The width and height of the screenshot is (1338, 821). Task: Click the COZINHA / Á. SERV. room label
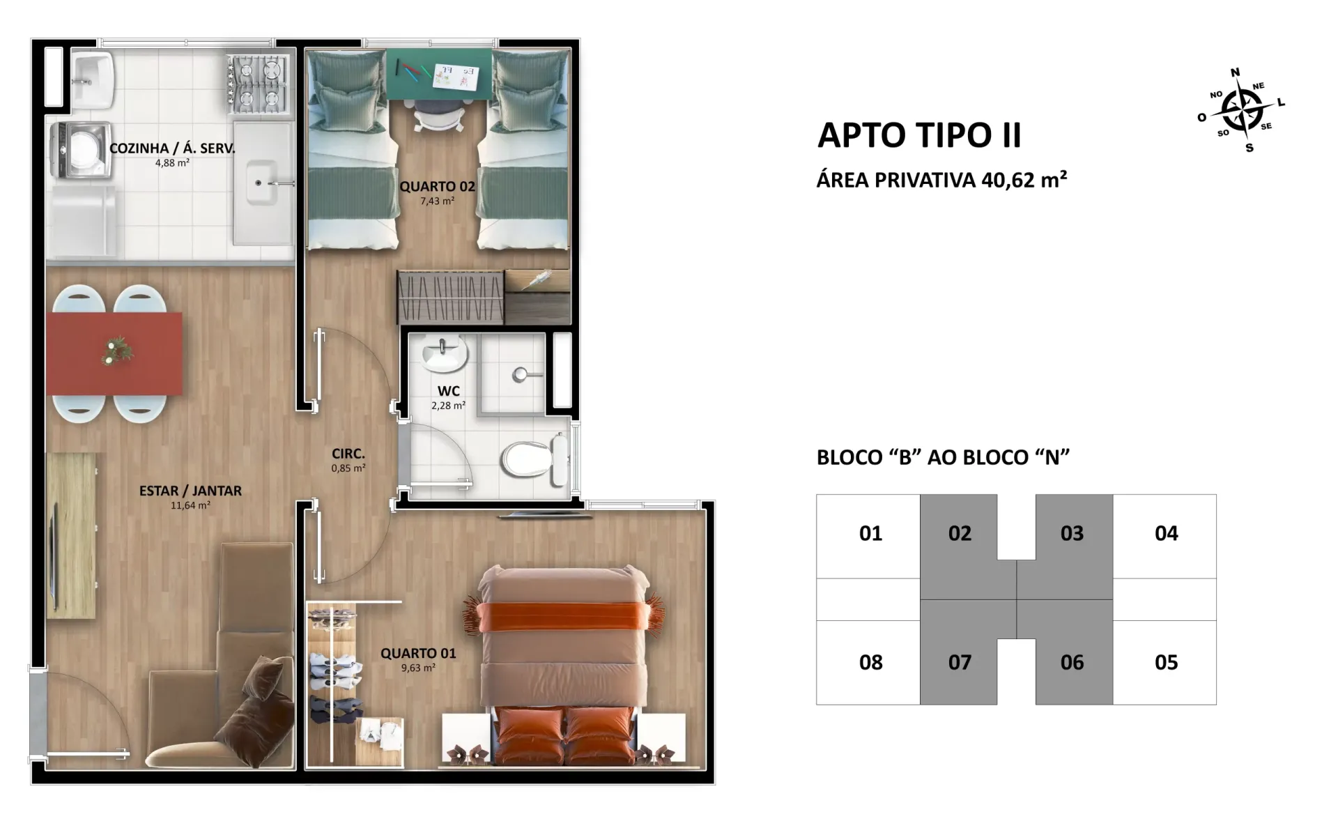pyautogui.click(x=172, y=148)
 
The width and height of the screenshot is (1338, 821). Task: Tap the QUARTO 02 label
pyautogui.click(x=437, y=187)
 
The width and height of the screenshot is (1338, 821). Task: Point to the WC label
pyautogui.click(x=449, y=391)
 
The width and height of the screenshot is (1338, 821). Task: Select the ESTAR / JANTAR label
pyautogui.click(x=190, y=491)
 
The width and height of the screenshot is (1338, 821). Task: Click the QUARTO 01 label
pyautogui.click(x=418, y=653)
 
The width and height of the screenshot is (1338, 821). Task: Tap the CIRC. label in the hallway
pyautogui.click(x=348, y=454)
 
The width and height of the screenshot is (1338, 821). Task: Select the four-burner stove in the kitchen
pyautogui.click(x=258, y=85)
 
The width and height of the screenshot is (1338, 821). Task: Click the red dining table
pyautogui.click(x=114, y=353)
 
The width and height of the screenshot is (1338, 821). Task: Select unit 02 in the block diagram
pyautogui.click(x=960, y=534)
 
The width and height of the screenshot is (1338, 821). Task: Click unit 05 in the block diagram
pyautogui.click(x=1166, y=662)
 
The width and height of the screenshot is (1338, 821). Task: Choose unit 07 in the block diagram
pyautogui.click(x=960, y=662)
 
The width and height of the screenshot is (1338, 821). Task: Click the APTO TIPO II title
pyautogui.click(x=919, y=135)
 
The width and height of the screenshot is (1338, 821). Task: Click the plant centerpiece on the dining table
pyautogui.click(x=116, y=351)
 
